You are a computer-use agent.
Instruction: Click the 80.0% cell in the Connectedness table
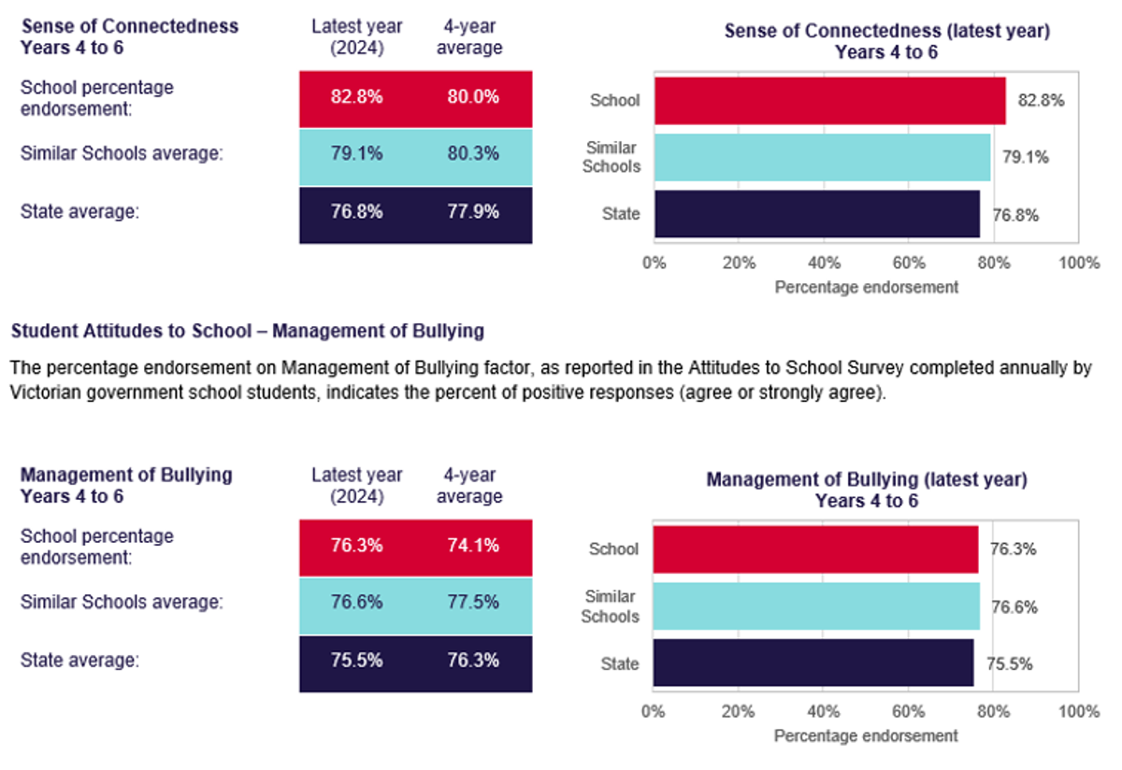click(x=473, y=96)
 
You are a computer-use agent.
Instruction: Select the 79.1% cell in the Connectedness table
click(x=356, y=153)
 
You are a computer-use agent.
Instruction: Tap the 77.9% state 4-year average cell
click(x=473, y=211)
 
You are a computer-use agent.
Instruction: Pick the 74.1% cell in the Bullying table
click(x=473, y=545)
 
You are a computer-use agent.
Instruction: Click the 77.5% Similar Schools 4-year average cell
click(x=473, y=602)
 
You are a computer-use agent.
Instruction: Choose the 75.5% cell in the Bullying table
click(x=356, y=660)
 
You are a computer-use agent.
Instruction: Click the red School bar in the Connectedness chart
click(x=830, y=101)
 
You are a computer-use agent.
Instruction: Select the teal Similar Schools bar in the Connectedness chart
click(x=823, y=157)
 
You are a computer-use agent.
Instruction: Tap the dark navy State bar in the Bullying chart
click(x=813, y=663)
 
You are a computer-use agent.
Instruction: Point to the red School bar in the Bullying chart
click(x=815, y=549)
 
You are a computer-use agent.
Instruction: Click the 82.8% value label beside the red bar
click(x=1041, y=100)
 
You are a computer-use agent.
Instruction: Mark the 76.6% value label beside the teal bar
click(x=1014, y=607)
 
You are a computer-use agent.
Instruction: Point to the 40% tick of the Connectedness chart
click(x=824, y=263)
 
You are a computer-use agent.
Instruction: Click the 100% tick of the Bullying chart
click(x=1079, y=711)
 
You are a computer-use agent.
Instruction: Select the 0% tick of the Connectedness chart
click(x=654, y=263)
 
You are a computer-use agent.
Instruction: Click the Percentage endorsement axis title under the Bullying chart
click(x=866, y=736)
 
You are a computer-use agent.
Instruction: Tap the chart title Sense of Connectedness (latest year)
click(x=887, y=31)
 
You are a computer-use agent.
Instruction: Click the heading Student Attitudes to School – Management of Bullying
click(x=248, y=331)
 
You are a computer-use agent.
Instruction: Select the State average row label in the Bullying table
click(x=79, y=661)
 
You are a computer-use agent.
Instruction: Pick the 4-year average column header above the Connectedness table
click(x=469, y=36)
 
